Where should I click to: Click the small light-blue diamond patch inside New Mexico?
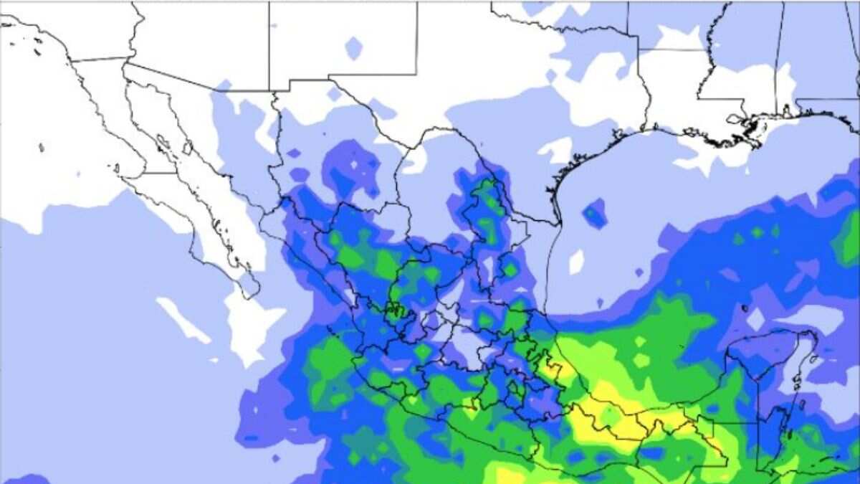353,48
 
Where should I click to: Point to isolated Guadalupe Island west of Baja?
42,148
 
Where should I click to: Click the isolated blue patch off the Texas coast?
594,213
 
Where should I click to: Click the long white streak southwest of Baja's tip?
183,319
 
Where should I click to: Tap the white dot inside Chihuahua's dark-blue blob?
353,164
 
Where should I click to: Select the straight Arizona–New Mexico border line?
269,43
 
